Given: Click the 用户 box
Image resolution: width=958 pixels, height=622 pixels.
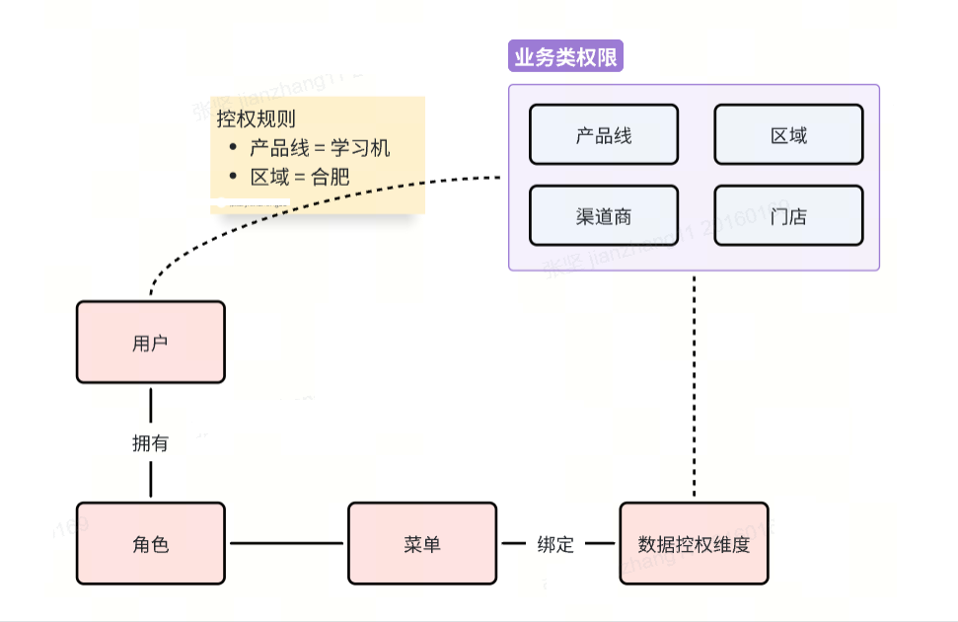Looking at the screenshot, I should [x=151, y=343].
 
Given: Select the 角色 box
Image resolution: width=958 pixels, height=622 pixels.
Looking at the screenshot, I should [x=151, y=543].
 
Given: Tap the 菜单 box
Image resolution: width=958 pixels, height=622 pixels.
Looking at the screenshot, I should [x=421, y=543].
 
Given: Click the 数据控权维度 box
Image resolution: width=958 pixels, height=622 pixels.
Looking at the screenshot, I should [x=694, y=543].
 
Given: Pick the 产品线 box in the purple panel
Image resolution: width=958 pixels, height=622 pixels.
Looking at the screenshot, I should [x=604, y=134].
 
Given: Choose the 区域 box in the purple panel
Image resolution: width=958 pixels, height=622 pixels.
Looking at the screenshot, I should [x=788, y=134].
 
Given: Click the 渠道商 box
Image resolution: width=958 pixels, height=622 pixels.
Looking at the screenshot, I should [x=604, y=215].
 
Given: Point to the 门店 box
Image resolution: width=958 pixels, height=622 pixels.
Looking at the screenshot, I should [x=788, y=215].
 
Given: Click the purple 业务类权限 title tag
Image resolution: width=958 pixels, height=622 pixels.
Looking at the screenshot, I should [x=565, y=57].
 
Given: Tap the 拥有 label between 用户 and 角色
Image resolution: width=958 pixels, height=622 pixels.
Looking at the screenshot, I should [x=151, y=443].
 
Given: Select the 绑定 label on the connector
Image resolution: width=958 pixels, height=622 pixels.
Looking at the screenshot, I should [x=555, y=544].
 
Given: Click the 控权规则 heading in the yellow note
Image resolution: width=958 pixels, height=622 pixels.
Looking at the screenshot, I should [x=256, y=119].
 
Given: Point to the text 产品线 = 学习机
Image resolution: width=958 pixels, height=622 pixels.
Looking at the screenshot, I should [x=320, y=148].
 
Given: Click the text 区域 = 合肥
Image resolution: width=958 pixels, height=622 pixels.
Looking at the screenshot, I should [x=300, y=177].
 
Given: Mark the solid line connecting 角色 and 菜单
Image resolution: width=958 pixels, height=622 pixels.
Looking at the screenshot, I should [x=286, y=543].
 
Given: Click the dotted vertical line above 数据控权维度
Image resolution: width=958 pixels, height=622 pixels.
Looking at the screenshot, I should [x=695, y=385].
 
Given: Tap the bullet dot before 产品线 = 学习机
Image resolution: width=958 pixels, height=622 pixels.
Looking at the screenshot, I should [x=233, y=148].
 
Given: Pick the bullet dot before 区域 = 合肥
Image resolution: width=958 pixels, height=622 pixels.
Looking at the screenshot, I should [x=233, y=177].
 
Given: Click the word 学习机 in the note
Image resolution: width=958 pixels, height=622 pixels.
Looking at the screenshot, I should [x=360, y=148].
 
